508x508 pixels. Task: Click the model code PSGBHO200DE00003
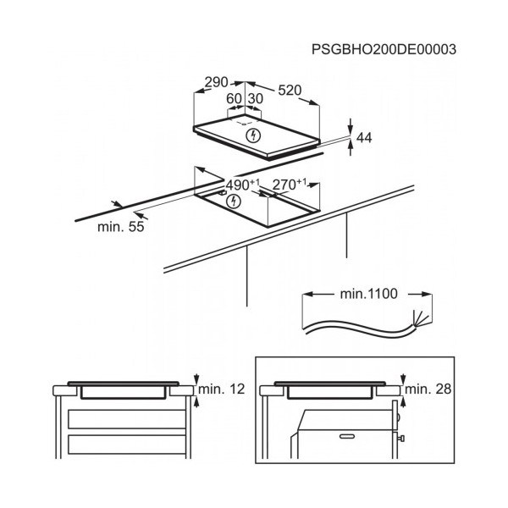[x=384, y=50]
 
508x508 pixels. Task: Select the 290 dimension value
[x=217, y=82]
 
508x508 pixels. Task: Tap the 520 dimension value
[x=290, y=90]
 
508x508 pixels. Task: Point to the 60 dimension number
[x=234, y=98]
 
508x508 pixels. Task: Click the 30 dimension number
[x=256, y=98]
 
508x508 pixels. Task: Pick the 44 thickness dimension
[x=364, y=138]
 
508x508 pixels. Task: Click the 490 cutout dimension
[x=243, y=185]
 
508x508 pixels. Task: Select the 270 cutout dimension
[x=290, y=185]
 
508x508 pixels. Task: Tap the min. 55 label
[x=121, y=226]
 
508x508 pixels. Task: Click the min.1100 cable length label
[x=368, y=294]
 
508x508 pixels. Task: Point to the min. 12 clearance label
[x=222, y=389]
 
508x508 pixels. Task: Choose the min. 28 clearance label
[x=428, y=389]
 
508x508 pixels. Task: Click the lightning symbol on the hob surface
[x=253, y=135]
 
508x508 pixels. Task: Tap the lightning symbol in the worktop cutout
[x=234, y=202]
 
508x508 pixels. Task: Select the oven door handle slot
[x=347, y=436]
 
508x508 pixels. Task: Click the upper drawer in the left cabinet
[x=127, y=419]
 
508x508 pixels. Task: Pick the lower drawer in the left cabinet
[x=127, y=444]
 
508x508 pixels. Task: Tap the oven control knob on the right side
[x=400, y=439]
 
